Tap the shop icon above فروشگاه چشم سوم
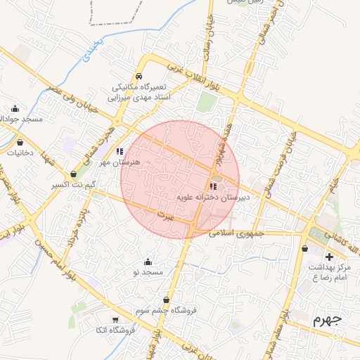coord(166,300)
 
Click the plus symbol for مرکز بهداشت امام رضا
coord(330,257)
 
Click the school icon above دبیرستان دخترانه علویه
coord(213,186)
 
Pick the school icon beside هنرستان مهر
coord(120,151)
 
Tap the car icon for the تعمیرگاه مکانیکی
coord(139,76)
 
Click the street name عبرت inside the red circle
coord(165,212)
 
